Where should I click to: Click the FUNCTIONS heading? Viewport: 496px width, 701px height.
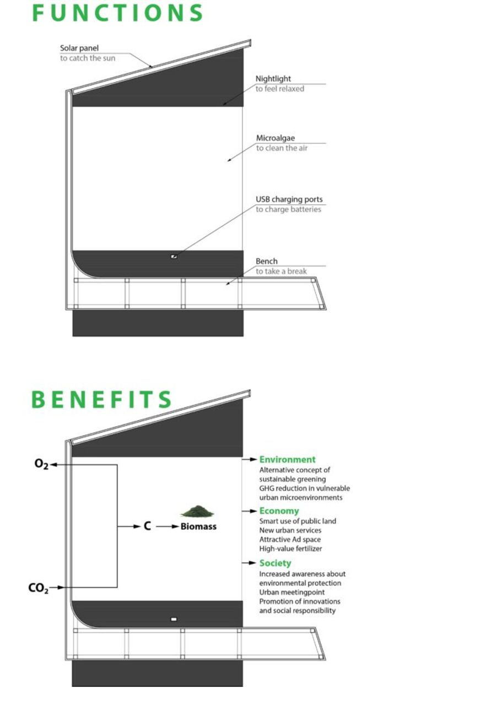(117, 13)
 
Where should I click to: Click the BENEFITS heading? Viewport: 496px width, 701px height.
(101, 400)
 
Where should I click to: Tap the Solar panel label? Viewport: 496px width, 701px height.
(79, 48)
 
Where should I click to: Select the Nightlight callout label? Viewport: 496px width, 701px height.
(273, 79)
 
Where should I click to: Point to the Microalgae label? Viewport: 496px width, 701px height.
(275, 138)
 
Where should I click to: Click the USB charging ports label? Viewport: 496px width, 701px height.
(289, 199)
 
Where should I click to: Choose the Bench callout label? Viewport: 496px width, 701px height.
(267, 261)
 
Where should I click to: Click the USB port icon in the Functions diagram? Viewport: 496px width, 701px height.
(174, 257)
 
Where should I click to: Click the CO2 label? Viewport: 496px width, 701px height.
(39, 588)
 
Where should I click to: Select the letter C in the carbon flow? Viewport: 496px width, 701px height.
(147, 526)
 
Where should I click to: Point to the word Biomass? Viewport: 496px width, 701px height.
(198, 526)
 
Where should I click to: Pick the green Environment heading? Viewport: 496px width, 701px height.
(287, 459)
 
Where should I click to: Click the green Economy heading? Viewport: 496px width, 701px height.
(279, 510)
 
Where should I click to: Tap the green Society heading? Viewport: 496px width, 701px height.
(275, 563)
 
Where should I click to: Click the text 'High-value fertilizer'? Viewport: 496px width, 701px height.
(290, 548)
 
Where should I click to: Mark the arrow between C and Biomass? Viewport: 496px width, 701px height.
(166, 526)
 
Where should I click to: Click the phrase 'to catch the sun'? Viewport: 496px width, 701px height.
(88, 58)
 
